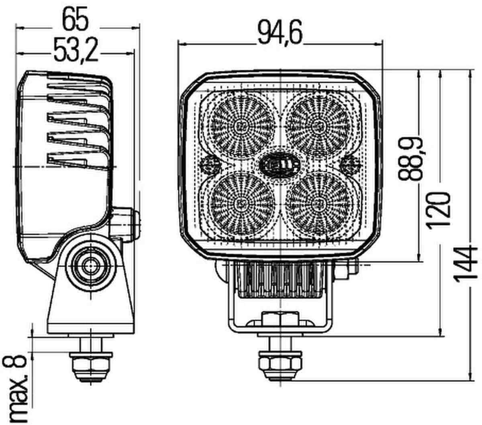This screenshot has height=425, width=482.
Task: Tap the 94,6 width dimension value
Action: click(280, 33)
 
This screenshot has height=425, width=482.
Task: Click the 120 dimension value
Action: click(439, 210)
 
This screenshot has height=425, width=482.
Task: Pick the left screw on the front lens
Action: click(210, 164)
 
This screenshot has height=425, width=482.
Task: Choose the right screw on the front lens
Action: click(350, 164)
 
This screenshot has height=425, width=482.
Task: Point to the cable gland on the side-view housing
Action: click(125, 224)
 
